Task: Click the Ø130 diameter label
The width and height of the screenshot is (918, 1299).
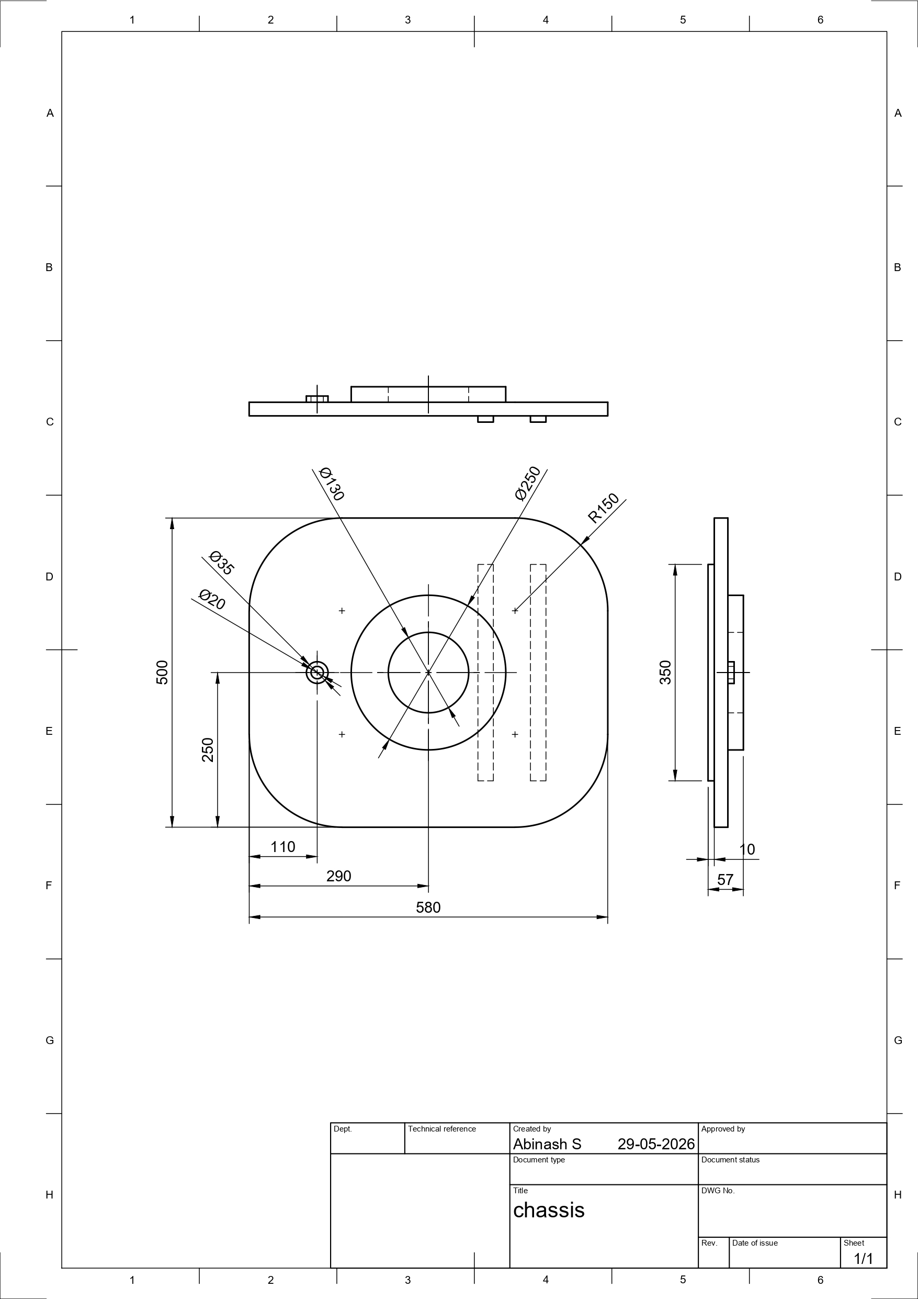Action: point(332,484)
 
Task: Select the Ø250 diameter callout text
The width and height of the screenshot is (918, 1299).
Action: point(528,483)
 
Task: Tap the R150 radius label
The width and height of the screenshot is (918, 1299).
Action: point(604,508)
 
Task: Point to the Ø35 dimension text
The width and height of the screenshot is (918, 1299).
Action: point(221,563)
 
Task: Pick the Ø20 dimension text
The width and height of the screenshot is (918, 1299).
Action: point(212,600)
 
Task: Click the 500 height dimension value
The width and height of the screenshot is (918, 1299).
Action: point(162,672)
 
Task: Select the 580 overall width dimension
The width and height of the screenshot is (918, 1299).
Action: point(428,908)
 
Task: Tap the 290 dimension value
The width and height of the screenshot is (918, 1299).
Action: point(339,876)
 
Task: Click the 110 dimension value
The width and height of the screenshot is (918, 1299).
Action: point(283,847)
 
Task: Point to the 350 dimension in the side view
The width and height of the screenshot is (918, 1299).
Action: point(665,672)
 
